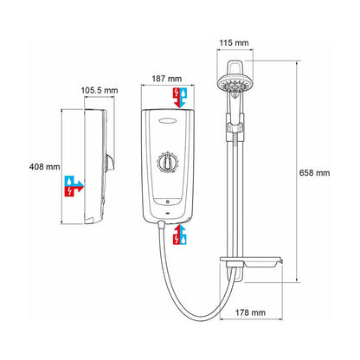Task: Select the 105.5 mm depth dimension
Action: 100,89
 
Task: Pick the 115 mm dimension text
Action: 234,43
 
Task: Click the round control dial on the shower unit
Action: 165,163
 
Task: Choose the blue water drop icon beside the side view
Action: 69,180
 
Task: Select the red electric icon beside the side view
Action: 69,191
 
